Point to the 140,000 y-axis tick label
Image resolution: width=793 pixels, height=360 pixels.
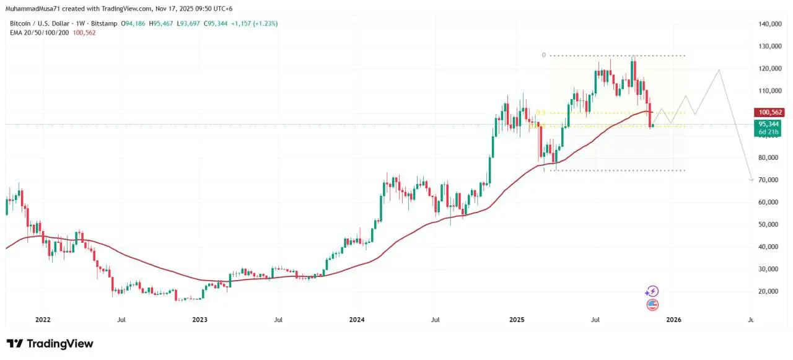coord(769,24)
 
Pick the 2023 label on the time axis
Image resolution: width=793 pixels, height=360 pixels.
coord(199,320)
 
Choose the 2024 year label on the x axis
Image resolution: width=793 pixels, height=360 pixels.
coord(357,320)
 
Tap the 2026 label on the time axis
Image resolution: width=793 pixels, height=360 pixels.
coord(673,320)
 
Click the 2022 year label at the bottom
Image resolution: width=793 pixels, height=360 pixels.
coord(43,320)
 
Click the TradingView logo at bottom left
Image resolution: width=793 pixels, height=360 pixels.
coord(50,344)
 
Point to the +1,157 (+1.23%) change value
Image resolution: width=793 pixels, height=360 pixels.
coord(254,24)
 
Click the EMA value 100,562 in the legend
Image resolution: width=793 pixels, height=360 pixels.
coord(84,32)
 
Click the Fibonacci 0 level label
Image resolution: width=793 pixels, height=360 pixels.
coord(544,55)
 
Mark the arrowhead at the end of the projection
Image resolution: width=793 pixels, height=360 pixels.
coord(751,180)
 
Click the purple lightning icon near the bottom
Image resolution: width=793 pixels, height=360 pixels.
coord(652,291)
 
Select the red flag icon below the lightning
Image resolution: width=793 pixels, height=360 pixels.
coord(652,304)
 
